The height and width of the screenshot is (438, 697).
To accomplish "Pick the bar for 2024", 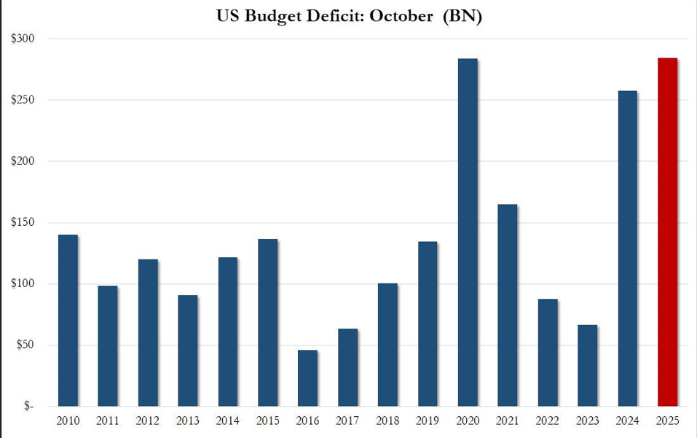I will point(627,248).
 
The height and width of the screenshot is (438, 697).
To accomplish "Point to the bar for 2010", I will point(68,320).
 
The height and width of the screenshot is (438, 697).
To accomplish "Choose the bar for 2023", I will point(587,365).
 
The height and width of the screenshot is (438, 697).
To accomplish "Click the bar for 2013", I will point(188,350).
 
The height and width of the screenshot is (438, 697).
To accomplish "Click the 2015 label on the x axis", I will point(267,422).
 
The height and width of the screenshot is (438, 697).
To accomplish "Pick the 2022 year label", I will point(547,422).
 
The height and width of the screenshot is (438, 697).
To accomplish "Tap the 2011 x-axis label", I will point(108,422).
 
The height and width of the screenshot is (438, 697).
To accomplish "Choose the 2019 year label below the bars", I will point(428,422).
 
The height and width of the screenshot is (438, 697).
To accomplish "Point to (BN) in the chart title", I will point(462,15).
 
